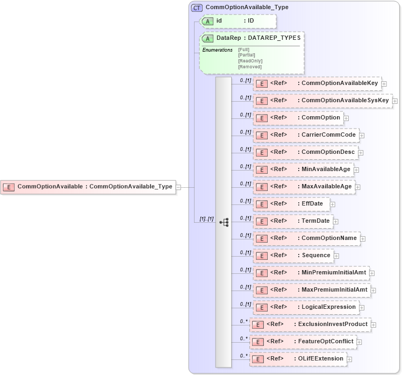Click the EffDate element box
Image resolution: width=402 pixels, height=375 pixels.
pyautogui.click(x=291, y=204)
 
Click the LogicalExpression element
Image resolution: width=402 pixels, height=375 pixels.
pyautogui.click(x=305, y=307)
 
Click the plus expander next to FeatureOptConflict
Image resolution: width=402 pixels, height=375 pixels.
pyautogui.click(x=359, y=342)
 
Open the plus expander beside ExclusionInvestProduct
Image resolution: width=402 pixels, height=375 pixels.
pyautogui.click(x=374, y=324)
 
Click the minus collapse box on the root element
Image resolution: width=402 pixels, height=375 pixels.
pyautogui.click(x=178, y=187)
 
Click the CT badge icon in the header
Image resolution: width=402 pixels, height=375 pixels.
pyautogui.click(x=197, y=8)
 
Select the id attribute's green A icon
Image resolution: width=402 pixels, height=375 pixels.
pyautogui.click(x=207, y=21)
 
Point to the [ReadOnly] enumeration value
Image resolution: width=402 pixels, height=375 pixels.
pyautogui.click(x=250, y=61)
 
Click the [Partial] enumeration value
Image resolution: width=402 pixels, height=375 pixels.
pyautogui.click(x=246, y=55)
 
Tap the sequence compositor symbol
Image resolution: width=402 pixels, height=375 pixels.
pyautogui.click(x=224, y=222)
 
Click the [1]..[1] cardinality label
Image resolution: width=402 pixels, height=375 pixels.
pyautogui.click(x=206, y=219)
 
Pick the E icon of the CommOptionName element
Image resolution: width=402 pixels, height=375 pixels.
pyautogui.click(x=261, y=238)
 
